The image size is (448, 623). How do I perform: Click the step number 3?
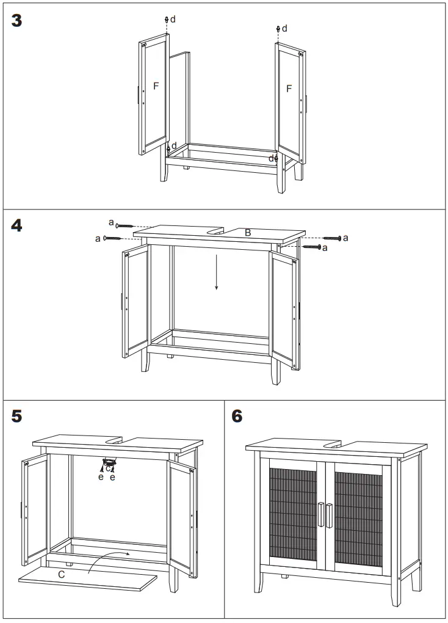coord(17,20)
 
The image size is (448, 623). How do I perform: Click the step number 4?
coord(17,225)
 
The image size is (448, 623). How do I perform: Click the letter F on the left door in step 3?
coord(156,86)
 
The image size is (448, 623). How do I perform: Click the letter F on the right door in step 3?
coord(289,89)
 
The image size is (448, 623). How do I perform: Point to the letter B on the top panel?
coord(248,233)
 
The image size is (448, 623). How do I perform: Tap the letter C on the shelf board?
coord(62,575)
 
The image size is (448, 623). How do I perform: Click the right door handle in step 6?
coord(329,514)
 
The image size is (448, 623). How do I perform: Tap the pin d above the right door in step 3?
coord(278,29)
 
